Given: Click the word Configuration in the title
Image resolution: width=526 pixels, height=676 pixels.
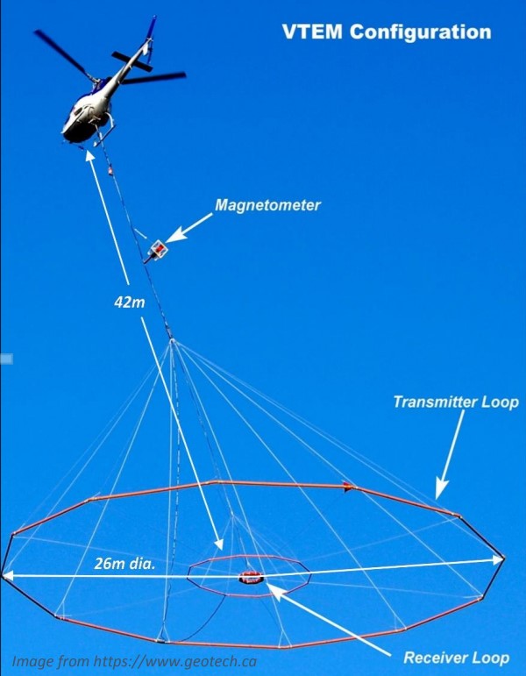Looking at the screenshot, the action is pos(421,33).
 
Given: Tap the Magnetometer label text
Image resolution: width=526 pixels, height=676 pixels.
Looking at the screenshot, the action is pos(267,205).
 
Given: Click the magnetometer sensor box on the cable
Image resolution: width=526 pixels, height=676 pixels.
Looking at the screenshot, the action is pos(158,249).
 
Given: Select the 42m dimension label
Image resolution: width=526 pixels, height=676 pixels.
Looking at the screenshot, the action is pos(130,302).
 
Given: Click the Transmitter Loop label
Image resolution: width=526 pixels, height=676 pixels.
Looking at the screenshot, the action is pos(456,402).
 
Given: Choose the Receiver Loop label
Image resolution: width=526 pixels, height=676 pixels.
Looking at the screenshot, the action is pos(457,658).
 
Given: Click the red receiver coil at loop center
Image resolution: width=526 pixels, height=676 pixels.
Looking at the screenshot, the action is pos(251,577).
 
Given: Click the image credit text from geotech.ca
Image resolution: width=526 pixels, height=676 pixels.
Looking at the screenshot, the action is pos(134,661).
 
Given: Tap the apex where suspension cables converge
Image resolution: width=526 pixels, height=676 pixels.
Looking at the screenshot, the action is pos(172,340).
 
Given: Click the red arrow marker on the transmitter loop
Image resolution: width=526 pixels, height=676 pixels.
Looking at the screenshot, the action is pos(348,487).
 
